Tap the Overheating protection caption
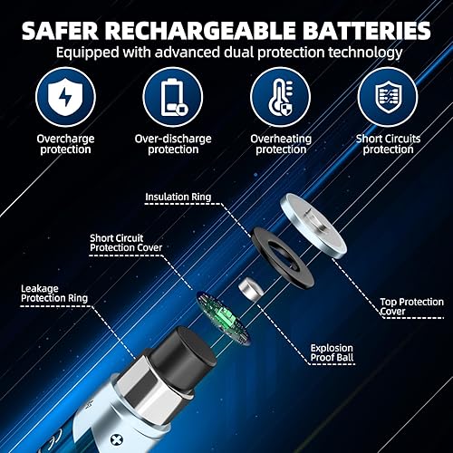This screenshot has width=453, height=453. click(x=278, y=144)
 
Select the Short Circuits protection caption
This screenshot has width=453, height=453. click(x=388, y=144)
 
